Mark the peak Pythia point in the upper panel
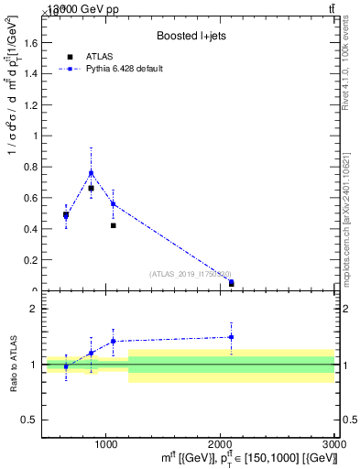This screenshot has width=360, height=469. (91, 172)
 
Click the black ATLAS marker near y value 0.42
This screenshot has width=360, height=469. (113, 225)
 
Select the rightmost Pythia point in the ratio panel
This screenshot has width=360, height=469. (231, 337)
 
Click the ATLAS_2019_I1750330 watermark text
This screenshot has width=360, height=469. (191, 273)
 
